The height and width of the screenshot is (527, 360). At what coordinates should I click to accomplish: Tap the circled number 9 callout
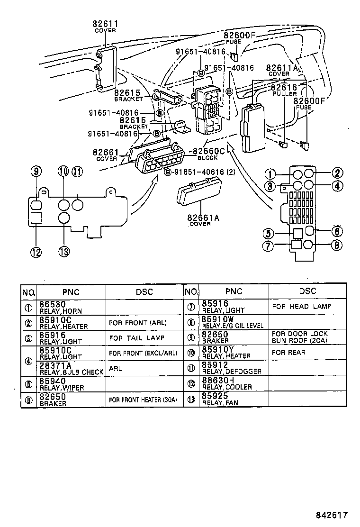37,172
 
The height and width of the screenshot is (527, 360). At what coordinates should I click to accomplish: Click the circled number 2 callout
337,173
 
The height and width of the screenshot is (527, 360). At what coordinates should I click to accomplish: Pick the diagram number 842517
332,514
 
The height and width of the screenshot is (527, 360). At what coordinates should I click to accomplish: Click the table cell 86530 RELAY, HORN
71,307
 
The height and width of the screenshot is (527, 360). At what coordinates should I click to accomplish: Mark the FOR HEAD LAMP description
301,307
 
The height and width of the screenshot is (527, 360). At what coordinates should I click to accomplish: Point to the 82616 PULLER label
284,90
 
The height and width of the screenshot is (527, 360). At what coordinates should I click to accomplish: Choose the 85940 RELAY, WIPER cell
71,384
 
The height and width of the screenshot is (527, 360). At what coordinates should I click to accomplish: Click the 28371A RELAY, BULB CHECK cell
71,369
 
